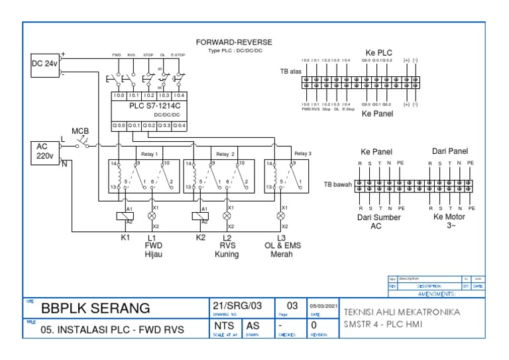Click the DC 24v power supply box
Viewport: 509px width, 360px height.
44,64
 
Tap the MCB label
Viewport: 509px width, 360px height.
80,131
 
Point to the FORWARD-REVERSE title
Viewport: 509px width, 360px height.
234,42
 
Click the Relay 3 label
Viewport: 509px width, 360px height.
303,153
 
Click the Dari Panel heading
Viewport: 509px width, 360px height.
450,151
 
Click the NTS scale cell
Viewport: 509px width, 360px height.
224,326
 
